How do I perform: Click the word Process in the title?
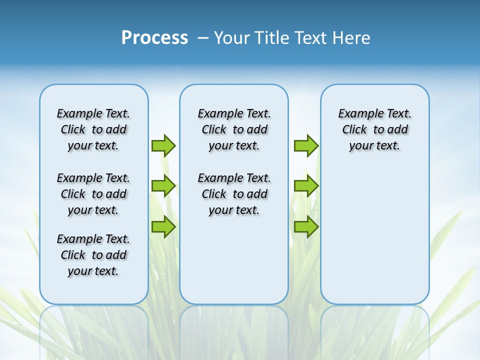[x=154, y=37]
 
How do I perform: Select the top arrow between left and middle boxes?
[x=163, y=145]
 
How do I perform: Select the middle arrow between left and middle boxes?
[x=163, y=186]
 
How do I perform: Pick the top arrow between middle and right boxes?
[x=306, y=145]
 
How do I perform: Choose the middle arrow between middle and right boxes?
[x=306, y=186]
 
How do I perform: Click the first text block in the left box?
[x=93, y=129]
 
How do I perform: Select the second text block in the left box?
[x=93, y=194]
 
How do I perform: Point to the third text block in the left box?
[x=93, y=255]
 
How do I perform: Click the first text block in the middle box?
[x=234, y=129]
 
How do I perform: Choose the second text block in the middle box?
[x=234, y=194]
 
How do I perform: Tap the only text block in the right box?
[x=375, y=129]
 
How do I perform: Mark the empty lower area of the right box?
[x=375, y=230]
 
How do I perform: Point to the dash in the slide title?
[x=203, y=38]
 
